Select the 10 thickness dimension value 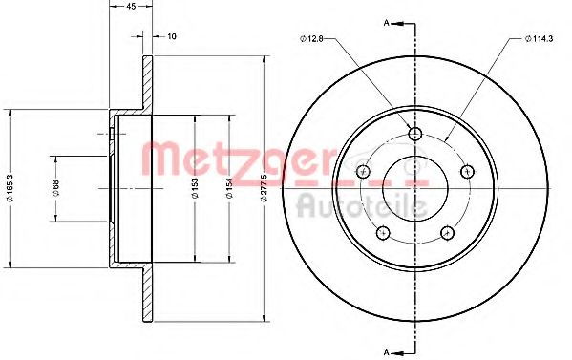point(171,39)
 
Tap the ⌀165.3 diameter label point(9,189)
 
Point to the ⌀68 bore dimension point(56,189)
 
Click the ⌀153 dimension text point(194,189)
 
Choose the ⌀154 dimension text point(229,189)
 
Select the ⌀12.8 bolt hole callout point(314,38)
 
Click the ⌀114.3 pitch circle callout point(540,38)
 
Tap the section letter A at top point(385,21)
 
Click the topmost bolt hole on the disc point(414,133)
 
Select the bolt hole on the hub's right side point(467,171)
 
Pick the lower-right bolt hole point(447,232)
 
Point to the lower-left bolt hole point(382,232)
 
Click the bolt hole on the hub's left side point(362,171)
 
